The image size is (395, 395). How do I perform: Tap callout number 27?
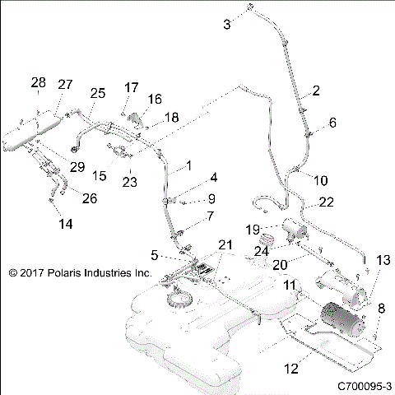point(65,84)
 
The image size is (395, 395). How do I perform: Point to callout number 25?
point(97,94)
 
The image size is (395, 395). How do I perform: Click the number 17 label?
point(132,87)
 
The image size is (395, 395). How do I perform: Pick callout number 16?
point(155,99)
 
